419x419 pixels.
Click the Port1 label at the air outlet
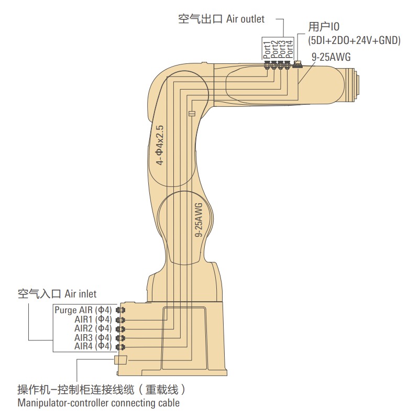point(267,49)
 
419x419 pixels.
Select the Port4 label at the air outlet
point(290,49)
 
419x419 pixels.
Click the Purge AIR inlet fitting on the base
point(119,310)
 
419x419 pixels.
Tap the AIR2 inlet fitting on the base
point(119,328)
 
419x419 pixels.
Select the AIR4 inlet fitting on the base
point(119,347)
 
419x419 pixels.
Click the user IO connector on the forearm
point(298,65)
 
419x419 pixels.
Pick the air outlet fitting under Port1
point(267,65)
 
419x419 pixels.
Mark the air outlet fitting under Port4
point(287,65)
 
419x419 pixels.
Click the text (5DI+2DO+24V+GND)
point(354,40)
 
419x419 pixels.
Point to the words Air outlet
point(245,19)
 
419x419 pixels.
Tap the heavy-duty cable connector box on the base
point(120,360)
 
